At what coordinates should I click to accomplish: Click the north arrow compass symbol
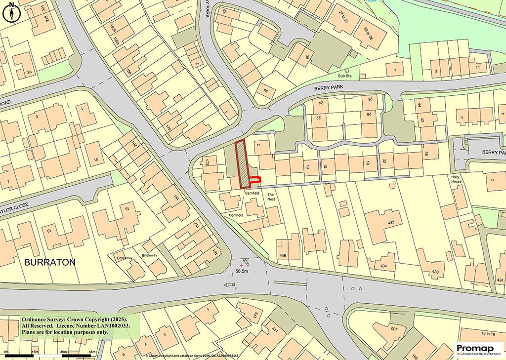click(x=11, y=13)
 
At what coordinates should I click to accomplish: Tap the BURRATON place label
click(x=50, y=262)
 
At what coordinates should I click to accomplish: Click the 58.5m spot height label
click(x=242, y=271)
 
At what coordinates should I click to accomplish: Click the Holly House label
click(x=456, y=179)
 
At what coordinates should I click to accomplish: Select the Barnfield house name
click(x=252, y=193)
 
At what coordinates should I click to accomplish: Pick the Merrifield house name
click(x=235, y=216)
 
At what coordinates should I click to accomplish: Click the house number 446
click(x=283, y=255)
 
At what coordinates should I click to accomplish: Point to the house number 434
click(x=384, y=266)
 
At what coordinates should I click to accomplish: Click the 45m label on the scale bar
click(x=92, y=352)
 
